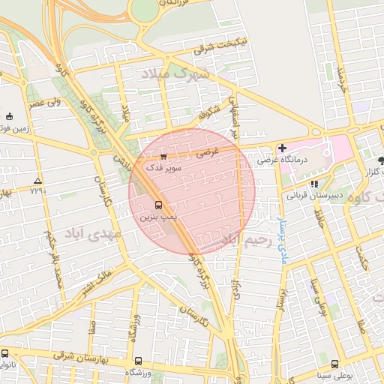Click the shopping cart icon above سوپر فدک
[x=163, y=156]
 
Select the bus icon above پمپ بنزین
[x=158, y=204]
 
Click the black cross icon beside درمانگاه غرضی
[x=282, y=148]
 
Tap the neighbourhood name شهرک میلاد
[x=172, y=75]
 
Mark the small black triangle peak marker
[x=37, y=181]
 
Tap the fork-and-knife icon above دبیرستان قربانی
[x=314, y=183]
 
